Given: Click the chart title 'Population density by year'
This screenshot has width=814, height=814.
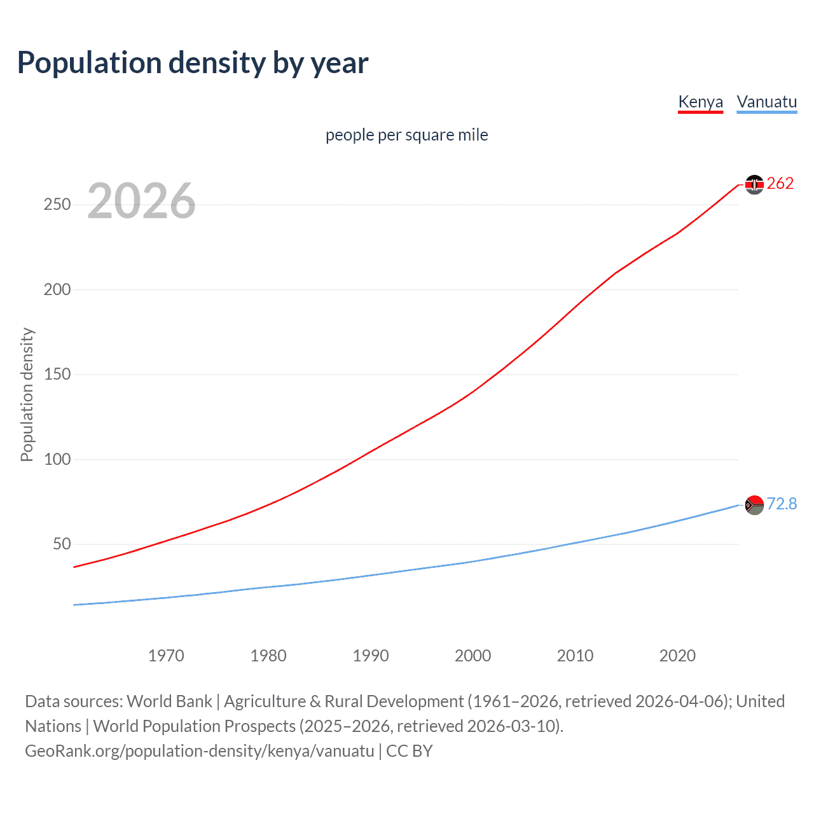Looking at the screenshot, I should coord(193,63).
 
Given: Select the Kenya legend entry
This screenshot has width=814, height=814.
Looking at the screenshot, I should coord(700,102).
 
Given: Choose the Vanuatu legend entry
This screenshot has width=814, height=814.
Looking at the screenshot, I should coord(766,102).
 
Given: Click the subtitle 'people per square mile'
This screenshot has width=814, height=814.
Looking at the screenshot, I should coord(406,135).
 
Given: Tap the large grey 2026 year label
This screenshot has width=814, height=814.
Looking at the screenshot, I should coord(141,201).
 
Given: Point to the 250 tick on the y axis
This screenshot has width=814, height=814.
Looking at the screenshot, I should coord(57,204).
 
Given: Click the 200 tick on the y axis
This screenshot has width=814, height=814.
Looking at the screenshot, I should coord(57,289).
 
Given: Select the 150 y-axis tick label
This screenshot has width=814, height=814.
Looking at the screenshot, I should coord(57,374).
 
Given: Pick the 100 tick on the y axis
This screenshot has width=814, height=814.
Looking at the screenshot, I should coord(57,459).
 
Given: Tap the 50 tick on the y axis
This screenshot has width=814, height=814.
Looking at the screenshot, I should coord(62,544).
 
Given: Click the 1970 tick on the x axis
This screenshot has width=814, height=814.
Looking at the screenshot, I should coord(166,656).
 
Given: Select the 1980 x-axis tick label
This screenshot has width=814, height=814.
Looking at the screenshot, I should coord(268,656).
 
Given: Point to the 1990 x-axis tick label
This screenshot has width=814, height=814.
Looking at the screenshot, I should coord(371,656).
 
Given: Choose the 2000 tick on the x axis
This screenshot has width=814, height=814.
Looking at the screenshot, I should coord(473,656).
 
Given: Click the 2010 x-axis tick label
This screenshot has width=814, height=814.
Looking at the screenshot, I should coord(575,656).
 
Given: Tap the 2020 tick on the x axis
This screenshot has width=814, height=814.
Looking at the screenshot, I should coord(677,656).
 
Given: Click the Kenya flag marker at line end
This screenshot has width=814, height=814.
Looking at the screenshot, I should coord(754,184).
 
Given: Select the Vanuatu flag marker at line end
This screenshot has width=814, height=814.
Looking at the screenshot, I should coord(754,505).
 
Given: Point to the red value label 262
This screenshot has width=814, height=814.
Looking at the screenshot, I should coord(780,184).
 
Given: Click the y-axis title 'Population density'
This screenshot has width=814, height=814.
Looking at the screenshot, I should coord(27,394).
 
